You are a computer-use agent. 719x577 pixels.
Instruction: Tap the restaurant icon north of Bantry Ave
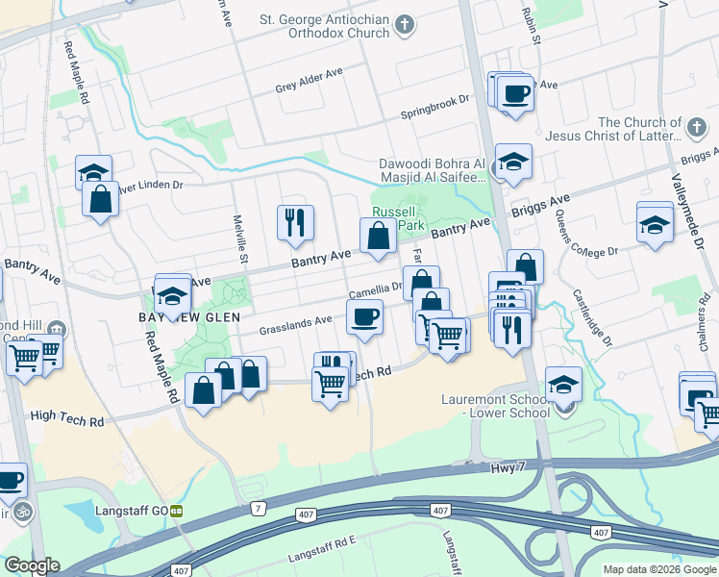(295, 222)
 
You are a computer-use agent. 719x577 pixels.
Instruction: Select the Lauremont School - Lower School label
(496, 406)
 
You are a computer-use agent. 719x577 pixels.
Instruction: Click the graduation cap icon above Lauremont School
(563, 384)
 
